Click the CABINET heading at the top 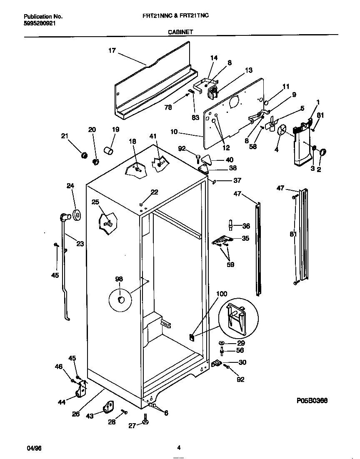point(180,31)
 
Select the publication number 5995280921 point(40,23)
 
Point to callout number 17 point(112,51)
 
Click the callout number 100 point(222,294)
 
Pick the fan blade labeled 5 point(272,124)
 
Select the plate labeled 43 point(109,407)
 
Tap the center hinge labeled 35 point(222,240)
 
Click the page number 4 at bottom point(179,448)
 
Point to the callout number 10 point(174,132)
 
